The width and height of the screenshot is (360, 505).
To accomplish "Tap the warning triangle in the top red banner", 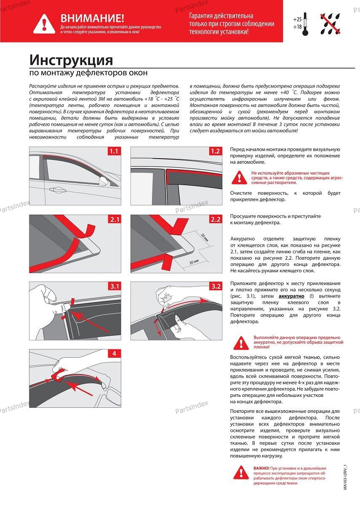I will (44, 23).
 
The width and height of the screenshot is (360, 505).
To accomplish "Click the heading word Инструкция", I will (71, 60).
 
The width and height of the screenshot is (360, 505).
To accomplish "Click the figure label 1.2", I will (215, 151).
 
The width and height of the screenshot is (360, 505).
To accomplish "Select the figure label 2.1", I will (115, 220).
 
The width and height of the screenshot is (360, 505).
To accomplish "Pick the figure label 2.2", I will (215, 220).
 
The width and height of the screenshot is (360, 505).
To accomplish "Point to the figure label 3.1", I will (115, 287).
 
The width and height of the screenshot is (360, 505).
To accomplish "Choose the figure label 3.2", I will (215, 287).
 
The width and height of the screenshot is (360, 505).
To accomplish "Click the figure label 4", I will (115, 353).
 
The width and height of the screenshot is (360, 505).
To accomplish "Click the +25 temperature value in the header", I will (297, 19).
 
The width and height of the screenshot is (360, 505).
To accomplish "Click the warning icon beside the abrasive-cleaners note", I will (240, 177).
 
